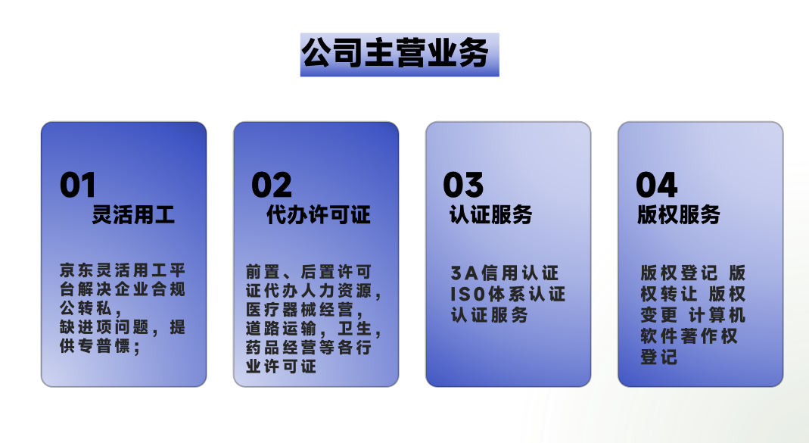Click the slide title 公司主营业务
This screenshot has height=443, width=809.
(395, 53)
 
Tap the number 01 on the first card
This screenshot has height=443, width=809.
(78, 185)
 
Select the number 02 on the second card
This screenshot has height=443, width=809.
(272, 185)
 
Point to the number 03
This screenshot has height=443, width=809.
(463, 185)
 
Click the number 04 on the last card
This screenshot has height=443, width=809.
(656, 185)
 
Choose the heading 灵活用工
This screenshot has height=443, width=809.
(134, 215)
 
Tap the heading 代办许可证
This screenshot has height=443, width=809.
(319, 215)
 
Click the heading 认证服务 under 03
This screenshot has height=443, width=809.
(490, 215)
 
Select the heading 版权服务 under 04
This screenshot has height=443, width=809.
(679, 215)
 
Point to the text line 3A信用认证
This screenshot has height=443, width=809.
(505, 273)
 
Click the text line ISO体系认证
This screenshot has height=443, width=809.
(509, 294)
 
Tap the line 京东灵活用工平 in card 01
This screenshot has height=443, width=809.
(123, 270)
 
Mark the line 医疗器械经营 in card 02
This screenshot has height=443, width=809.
(304, 310)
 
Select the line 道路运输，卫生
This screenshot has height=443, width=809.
(313, 329)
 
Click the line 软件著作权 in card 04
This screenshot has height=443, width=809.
(689, 336)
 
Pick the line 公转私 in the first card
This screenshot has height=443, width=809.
(90, 308)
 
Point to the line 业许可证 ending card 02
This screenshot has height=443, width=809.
(282, 367)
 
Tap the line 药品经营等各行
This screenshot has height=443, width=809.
(309, 348)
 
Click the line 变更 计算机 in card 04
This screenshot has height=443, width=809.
(693, 315)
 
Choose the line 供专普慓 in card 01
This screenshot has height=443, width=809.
(100, 346)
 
